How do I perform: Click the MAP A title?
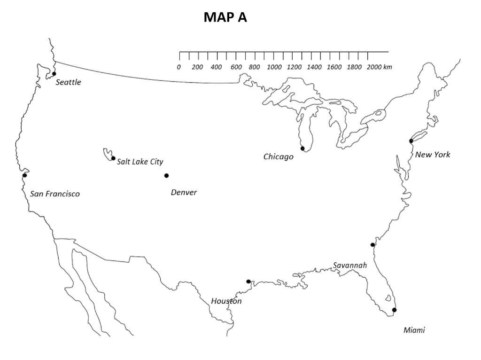pos(225,17)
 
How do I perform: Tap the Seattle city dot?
pos(54,74)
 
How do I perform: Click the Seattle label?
pos(68,82)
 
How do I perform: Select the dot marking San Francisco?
pos(24,175)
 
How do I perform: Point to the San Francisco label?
pos(55,194)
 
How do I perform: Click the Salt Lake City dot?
pos(113,158)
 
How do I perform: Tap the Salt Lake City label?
pos(140,162)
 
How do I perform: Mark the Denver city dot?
pos(166,176)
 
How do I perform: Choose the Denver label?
pos(184,192)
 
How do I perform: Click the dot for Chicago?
pos(303,149)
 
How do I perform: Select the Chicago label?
pos(278,157)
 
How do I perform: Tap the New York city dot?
pos(411,141)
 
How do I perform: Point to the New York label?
pos(432,155)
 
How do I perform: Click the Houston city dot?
pos(248,282)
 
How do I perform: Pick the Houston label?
pos(226,301)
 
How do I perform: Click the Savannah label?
pos(350,266)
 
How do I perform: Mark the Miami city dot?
pos(394,310)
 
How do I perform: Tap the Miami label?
pos(414,330)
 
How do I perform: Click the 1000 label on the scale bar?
pos(274,67)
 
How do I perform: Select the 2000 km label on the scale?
pos(379,67)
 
